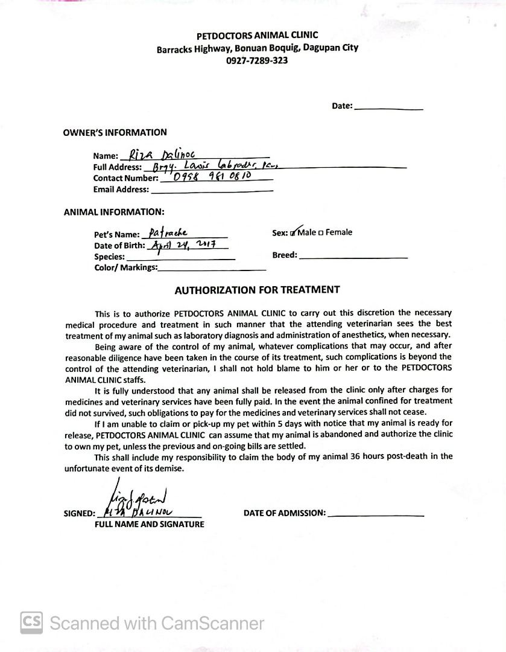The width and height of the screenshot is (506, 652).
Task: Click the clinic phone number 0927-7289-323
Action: (257, 60)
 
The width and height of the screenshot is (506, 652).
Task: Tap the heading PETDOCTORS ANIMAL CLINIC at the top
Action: (257, 36)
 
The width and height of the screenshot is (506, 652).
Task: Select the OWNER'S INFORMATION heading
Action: (115, 132)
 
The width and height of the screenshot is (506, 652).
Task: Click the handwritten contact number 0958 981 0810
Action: (212, 177)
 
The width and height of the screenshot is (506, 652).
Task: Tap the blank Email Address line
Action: (212, 189)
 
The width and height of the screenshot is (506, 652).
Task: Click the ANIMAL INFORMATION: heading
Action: (113, 212)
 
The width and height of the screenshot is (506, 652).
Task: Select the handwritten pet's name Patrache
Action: (168, 232)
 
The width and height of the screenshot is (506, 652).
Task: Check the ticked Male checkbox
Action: (293, 233)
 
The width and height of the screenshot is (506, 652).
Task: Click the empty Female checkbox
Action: (321, 233)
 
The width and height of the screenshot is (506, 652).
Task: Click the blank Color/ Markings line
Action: (212, 267)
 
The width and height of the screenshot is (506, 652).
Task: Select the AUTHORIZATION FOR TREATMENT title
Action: (257, 290)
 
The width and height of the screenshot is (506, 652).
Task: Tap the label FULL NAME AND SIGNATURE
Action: (149, 524)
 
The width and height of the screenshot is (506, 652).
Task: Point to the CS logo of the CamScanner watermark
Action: (32, 622)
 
